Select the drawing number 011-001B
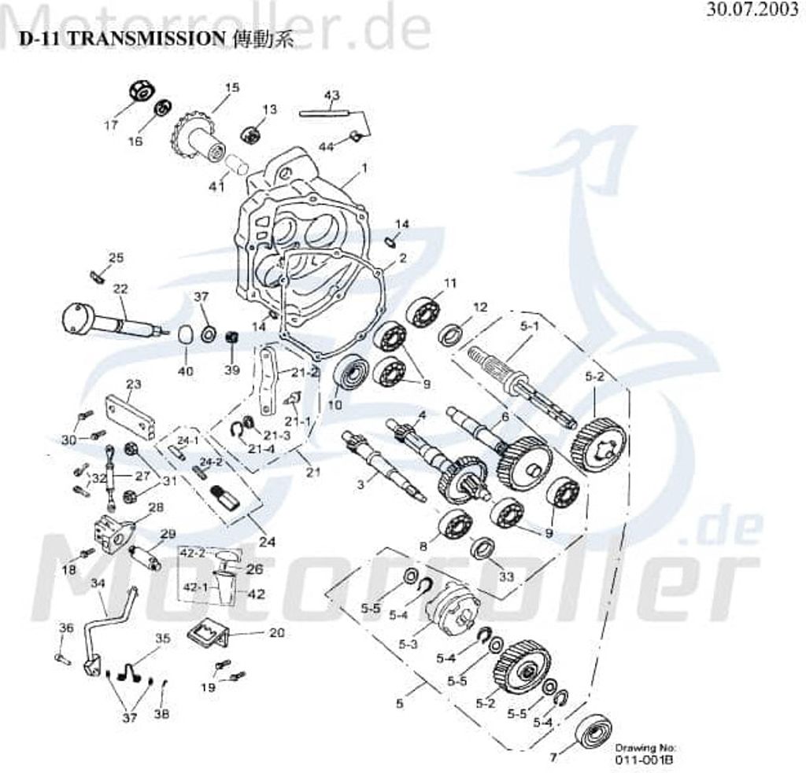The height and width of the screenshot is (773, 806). [645, 760]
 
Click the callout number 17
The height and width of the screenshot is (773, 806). [110, 124]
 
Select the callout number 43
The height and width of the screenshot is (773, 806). [332, 95]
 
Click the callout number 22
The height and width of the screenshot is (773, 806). [120, 289]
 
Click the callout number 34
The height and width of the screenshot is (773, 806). [98, 583]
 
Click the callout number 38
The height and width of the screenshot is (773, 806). [162, 714]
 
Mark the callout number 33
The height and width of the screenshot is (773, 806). [506, 576]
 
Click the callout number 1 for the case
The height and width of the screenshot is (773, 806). [364, 167]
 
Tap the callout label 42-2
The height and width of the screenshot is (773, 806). [194, 553]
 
